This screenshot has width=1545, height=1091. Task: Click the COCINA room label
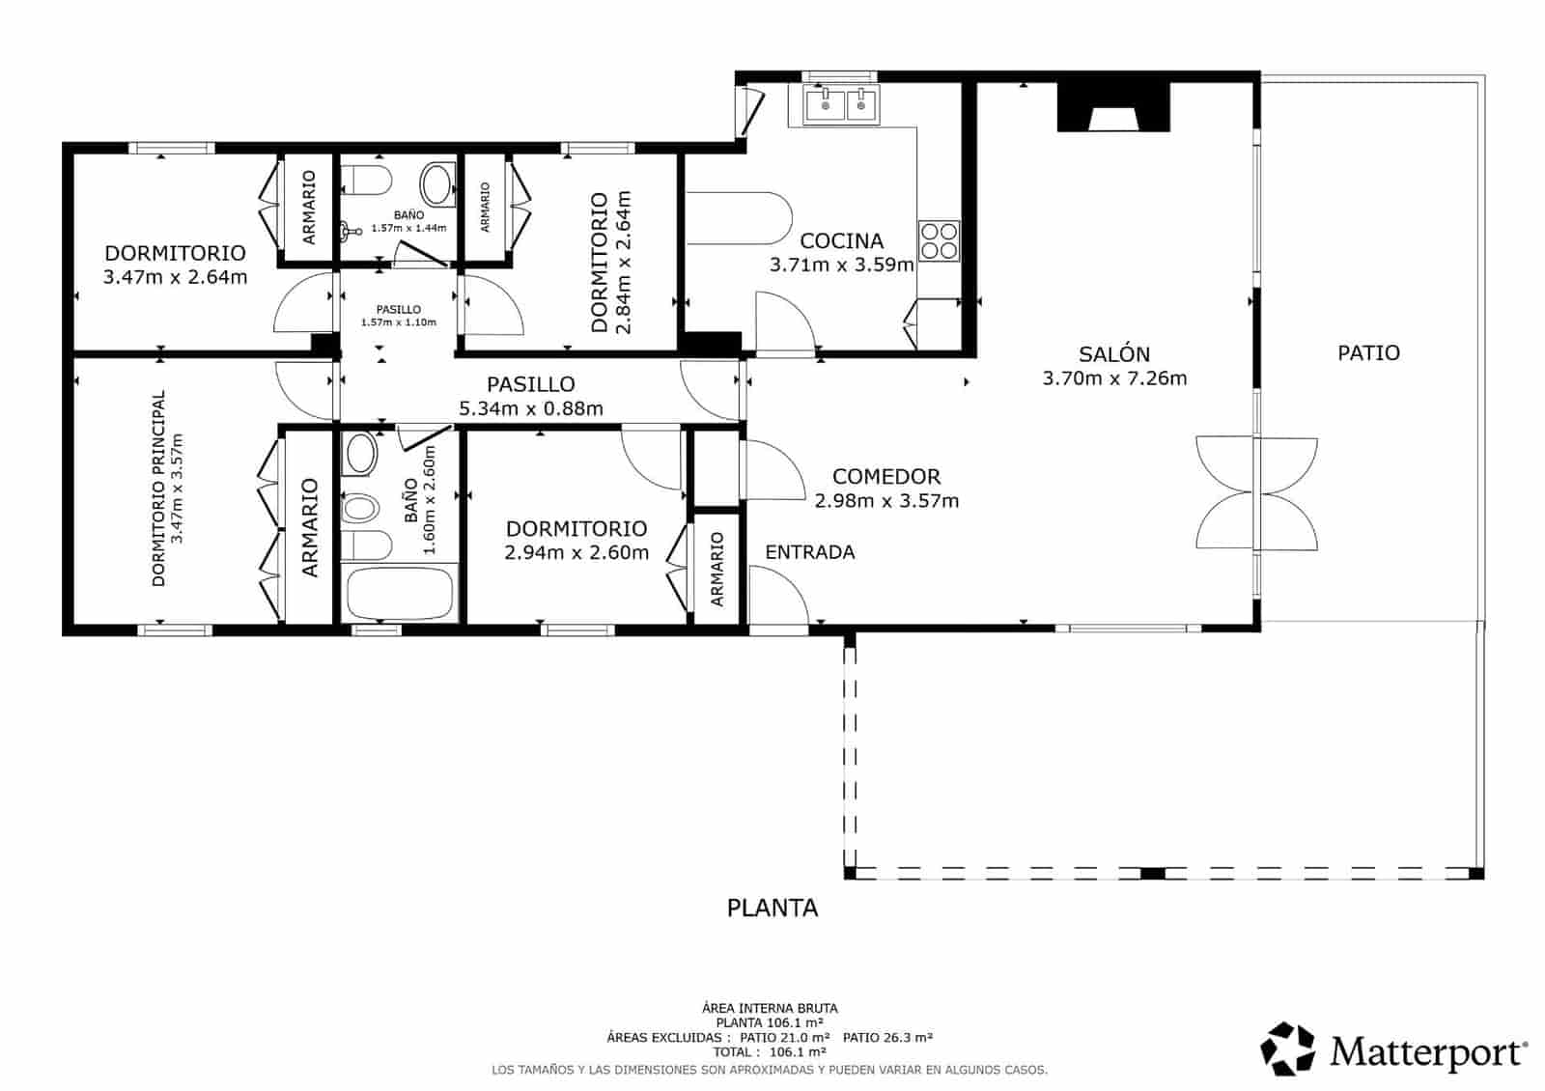pyautogui.click(x=841, y=240)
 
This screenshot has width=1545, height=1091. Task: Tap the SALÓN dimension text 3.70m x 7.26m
pyautogui.click(x=1114, y=378)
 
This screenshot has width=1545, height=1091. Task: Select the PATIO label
pyautogui.click(x=1368, y=353)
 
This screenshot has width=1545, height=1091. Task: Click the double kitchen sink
pyautogui.click(x=840, y=104)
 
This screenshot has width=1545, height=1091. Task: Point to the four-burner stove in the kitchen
pyautogui.click(x=939, y=240)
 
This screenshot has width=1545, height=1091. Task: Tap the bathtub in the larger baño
pyautogui.click(x=399, y=594)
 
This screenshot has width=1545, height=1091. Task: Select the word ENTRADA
pyautogui.click(x=809, y=552)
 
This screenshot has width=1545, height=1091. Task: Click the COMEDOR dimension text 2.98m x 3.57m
pyautogui.click(x=886, y=501)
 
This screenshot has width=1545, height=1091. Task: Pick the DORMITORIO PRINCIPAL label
pyautogui.click(x=158, y=489)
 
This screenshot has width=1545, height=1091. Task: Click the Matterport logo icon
pyautogui.click(x=1288, y=1049)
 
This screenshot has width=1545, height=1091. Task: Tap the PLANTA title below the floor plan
pyautogui.click(x=772, y=908)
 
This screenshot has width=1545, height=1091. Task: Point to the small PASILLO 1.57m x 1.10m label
pyautogui.click(x=399, y=316)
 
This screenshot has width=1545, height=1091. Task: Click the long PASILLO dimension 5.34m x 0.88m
pyautogui.click(x=531, y=408)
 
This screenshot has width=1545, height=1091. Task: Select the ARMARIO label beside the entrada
pyautogui.click(x=717, y=570)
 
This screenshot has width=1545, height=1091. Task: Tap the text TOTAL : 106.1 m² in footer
pyautogui.click(x=770, y=1052)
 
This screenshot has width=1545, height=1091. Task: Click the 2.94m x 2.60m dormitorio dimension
pyautogui.click(x=576, y=553)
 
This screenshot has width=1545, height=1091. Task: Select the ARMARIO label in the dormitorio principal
pyautogui.click(x=310, y=527)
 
